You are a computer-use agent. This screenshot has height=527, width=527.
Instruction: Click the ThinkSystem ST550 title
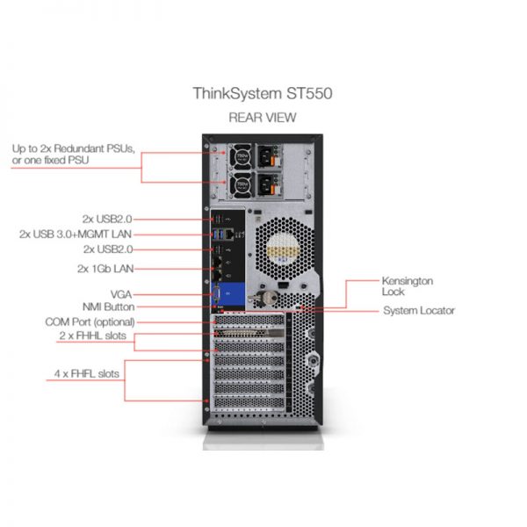tap(263, 94)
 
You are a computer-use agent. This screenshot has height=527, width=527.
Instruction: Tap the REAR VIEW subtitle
tap(263, 118)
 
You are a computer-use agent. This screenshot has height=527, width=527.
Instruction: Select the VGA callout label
tap(121, 294)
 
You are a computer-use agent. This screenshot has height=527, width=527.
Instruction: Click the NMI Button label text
tap(109, 307)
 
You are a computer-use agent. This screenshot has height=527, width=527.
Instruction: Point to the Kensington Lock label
tap(407, 286)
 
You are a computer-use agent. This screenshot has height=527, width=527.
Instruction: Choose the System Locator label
tap(419, 311)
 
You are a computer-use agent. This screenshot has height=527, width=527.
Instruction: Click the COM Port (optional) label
tap(90, 322)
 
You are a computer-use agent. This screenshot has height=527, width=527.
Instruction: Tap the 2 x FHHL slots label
tap(93, 336)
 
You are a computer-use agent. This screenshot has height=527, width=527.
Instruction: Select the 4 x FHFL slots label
tap(87, 374)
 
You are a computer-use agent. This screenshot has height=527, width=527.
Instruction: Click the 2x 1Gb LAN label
tap(105, 269)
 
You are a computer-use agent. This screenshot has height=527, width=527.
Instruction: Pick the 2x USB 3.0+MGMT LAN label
tap(76, 235)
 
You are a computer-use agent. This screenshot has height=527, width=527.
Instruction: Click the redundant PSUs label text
tap(73, 155)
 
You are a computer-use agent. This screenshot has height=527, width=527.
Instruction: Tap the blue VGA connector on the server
tap(216, 294)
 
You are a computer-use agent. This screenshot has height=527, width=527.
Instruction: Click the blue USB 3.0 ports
tap(218, 234)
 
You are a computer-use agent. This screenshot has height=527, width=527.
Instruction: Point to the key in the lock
tap(263, 298)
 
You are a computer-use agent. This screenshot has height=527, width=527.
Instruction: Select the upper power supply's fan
tap(242, 156)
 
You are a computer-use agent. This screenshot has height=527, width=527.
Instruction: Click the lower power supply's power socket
tap(266, 185)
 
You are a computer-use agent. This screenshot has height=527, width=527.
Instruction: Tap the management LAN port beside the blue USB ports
tap(229, 235)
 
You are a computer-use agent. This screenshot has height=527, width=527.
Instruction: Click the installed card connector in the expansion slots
tap(249, 334)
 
